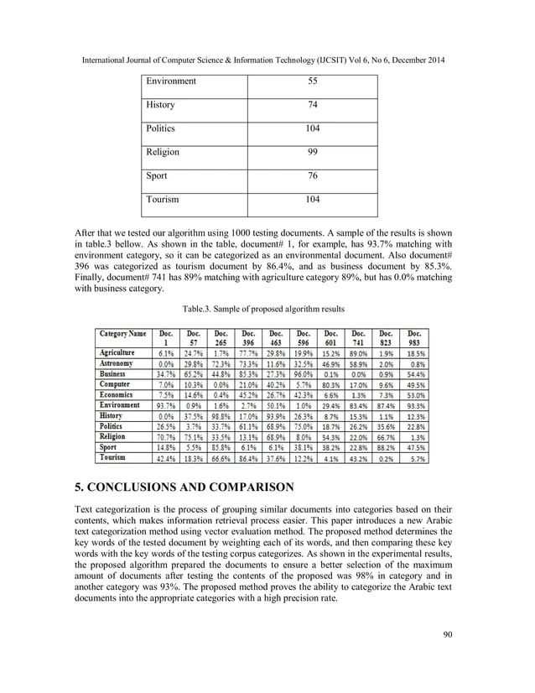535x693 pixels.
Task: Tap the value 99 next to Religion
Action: tap(311, 153)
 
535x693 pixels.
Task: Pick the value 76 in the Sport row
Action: tap(311, 176)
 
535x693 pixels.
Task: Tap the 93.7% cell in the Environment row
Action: tap(165, 404)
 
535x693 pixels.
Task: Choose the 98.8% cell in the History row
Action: tap(221, 415)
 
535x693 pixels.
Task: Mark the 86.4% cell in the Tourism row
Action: tap(248, 459)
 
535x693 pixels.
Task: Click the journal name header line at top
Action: tap(267, 60)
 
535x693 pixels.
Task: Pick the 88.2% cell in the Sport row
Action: tap(387, 448)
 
